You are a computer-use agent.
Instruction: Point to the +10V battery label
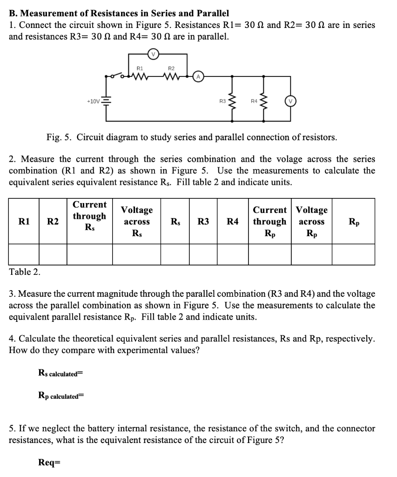click(x=93, y=101)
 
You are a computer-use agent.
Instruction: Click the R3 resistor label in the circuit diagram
click(x=222, y=101)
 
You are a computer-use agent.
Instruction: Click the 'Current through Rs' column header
click(x=89, y=216)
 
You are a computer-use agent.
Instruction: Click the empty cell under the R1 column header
click(x=24, y=254)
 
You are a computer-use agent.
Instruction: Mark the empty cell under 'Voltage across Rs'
click(x=136, y=254)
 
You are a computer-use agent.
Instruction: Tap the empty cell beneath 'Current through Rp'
click(x=269, y=254)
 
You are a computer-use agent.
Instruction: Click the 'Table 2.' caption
click(x=25, y=272)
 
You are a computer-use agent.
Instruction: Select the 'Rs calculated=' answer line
click(x=60, y=373)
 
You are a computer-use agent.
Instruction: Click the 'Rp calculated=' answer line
click(x=61, y=396)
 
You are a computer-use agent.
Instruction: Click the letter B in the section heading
click(x=13, y=14)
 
